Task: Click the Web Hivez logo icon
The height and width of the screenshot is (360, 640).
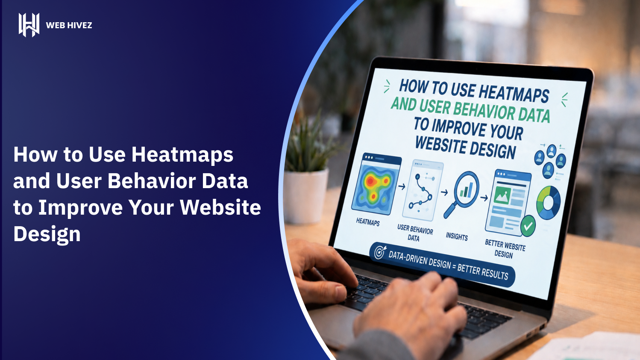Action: coord(29,25)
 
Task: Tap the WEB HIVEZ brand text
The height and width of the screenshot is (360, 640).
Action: coord(69,26)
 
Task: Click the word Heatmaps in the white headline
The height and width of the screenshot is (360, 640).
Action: coord(182,155)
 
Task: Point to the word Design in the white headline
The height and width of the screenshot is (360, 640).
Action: coord(47,234)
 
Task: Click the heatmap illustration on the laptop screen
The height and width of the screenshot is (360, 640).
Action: coord(376,184)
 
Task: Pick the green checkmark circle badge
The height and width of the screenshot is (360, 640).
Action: coord(528,226)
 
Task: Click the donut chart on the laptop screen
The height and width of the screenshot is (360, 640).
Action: coord(548,203)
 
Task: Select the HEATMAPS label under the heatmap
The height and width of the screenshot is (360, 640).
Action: coord(368,222)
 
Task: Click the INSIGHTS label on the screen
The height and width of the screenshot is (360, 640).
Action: coord(457,236)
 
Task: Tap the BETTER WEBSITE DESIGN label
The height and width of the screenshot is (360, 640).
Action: coord(505,249)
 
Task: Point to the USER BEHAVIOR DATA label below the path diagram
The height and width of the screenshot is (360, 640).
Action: coord(415,233)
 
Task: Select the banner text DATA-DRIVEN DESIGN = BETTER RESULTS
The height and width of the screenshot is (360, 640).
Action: coord(448,265)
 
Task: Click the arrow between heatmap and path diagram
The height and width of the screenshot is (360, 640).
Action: coord(402,187)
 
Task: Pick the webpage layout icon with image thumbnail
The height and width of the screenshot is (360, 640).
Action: coord(508,202)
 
